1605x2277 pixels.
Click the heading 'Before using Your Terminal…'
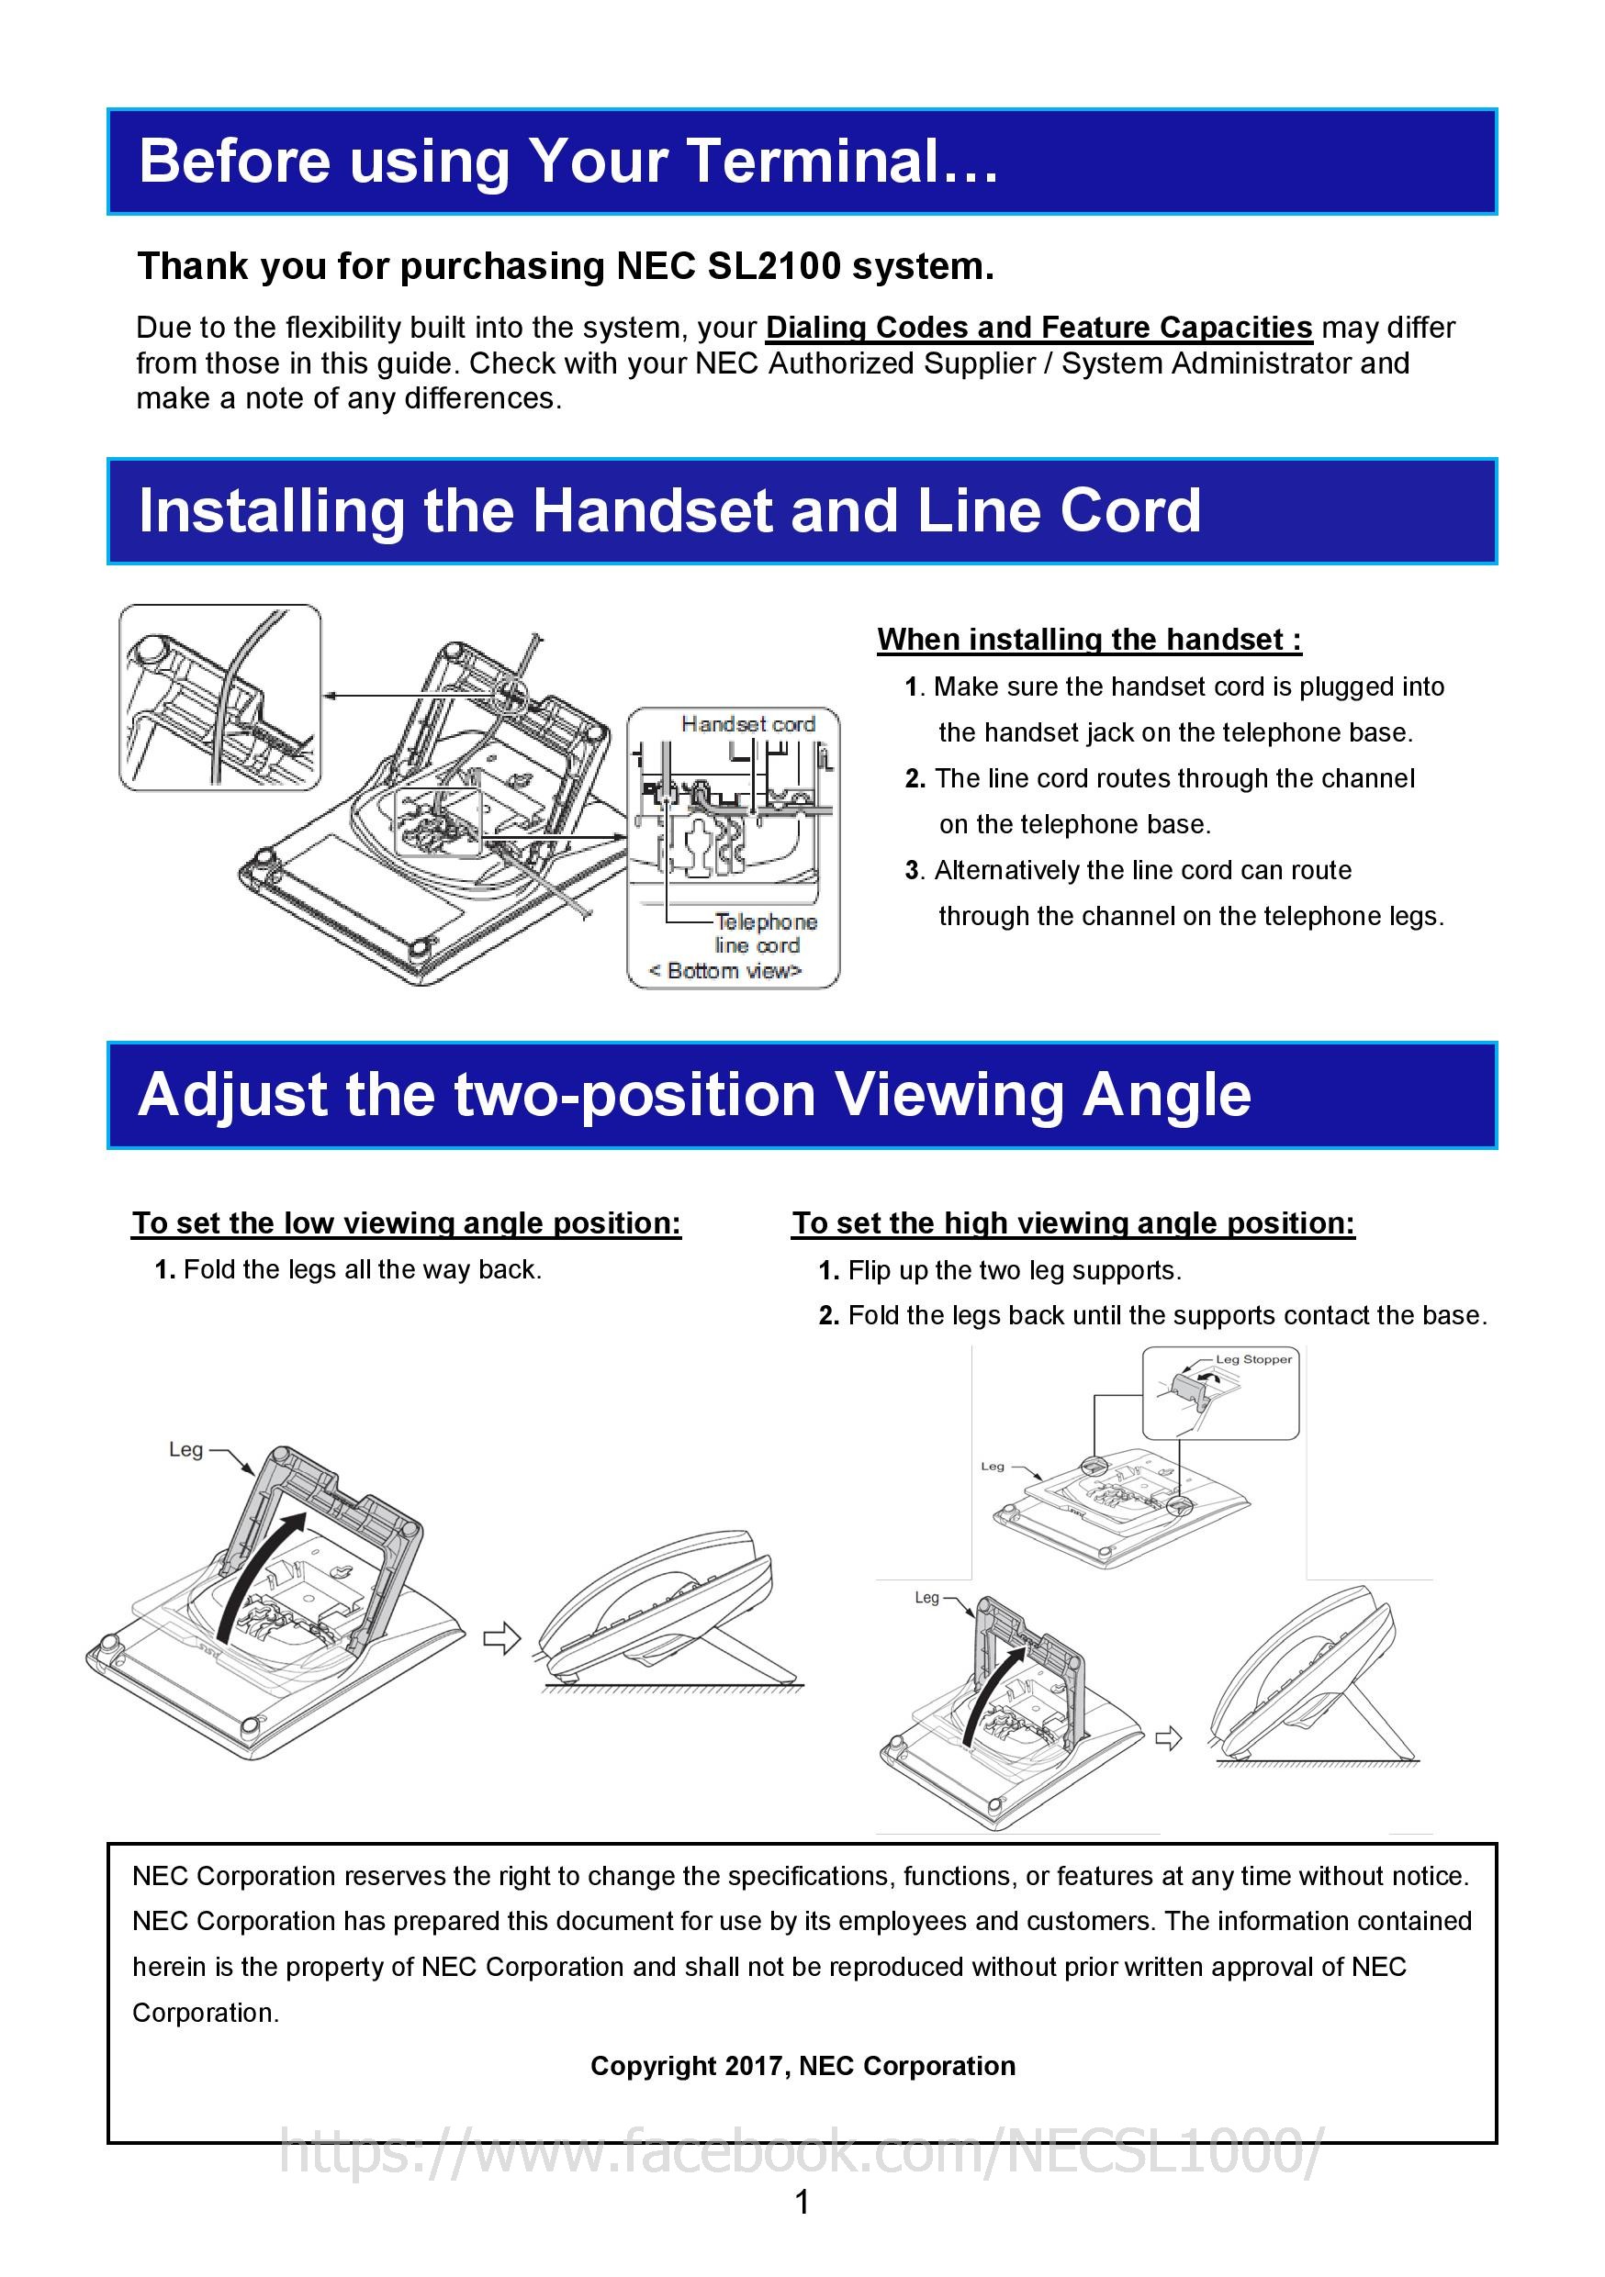click(567, 162)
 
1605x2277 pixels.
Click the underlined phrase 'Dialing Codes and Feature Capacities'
click(1038, 328)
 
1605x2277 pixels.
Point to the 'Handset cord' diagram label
click(748, 724)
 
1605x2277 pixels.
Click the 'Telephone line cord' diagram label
click(764, 933)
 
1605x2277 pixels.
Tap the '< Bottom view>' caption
click(724, 971)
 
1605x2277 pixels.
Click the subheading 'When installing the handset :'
click(1088, 640)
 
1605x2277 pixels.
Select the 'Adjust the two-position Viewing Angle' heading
click(694, 1095)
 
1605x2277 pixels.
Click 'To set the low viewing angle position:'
click(407, 1222)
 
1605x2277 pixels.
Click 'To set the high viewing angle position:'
click(1072, 1222)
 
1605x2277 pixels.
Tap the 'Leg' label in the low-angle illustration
click(185, 1450)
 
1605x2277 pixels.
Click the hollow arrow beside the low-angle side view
click(502, 1638)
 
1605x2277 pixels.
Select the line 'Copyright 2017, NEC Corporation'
click(802, 2066)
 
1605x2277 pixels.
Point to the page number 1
click(802, 2204)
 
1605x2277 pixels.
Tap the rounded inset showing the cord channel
click(220, 698)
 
